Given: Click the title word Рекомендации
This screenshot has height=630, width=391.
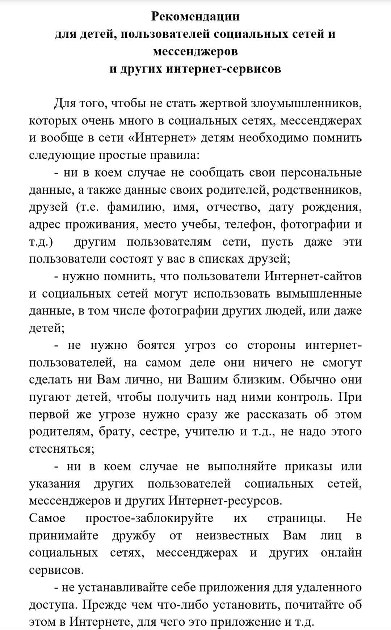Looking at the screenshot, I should coord(195,16).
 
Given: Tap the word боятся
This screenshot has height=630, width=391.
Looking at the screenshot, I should coord(156,345).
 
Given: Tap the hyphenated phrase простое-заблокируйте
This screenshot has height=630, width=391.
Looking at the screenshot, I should coord(149,518).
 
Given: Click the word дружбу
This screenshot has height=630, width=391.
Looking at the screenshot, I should coord(134,535).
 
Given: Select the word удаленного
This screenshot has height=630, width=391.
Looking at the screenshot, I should coord(329,587).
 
